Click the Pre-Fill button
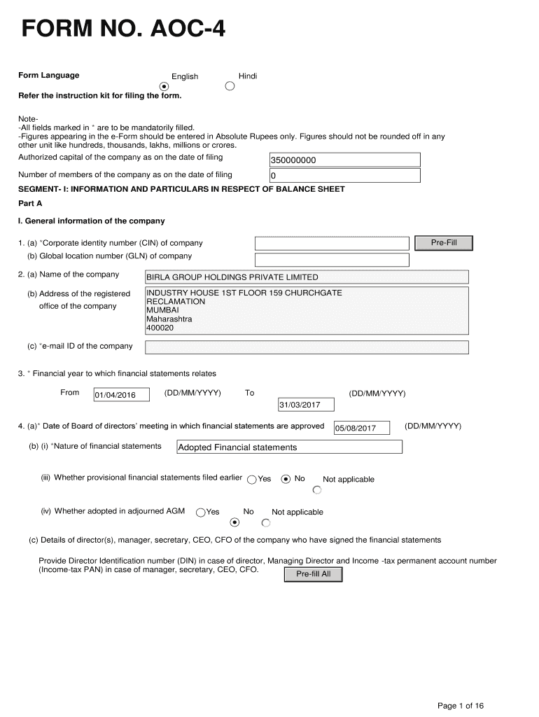click(444, 243)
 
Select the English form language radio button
click(164, 86)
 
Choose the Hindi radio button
click(230, 86)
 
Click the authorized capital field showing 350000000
click(344, 160)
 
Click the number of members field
click(344, 176)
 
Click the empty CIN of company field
click(331, 243)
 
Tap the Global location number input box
click(331, 260)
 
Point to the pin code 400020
click(160, 328)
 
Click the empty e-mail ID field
click(307, 347)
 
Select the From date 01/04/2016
click(121, 396)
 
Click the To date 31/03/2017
click(306, 405)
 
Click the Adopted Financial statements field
click(288, 447)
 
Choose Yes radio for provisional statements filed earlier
click(252, 480)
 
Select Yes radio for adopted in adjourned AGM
click(201, 513)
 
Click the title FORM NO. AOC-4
click(123, 29)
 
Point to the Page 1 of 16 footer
click(461, 706)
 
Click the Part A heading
click(30, 204)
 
